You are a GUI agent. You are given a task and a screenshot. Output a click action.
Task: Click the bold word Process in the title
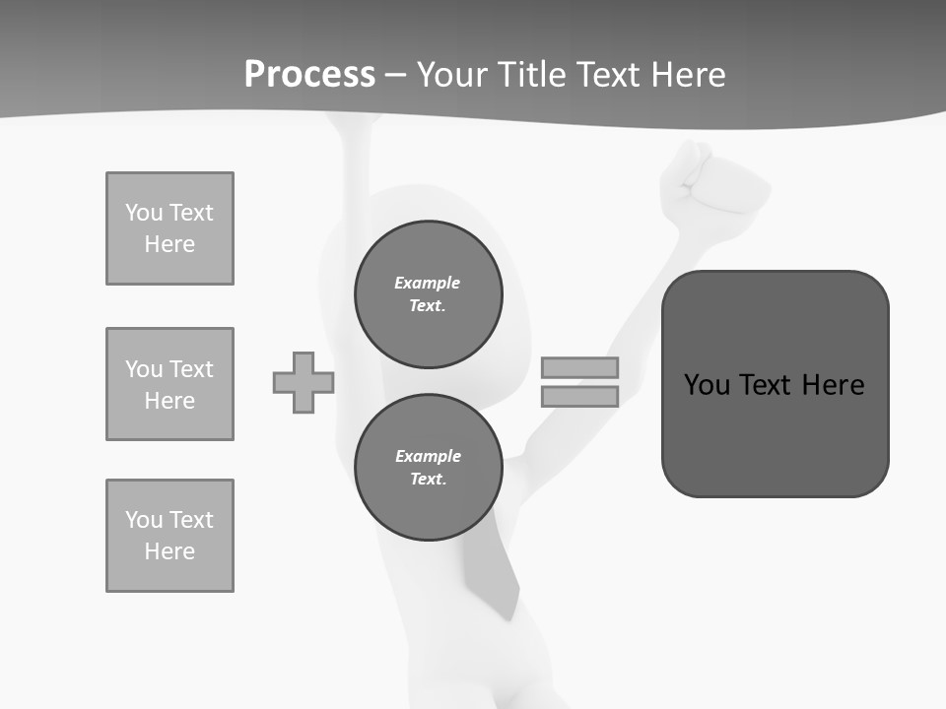[309, 75]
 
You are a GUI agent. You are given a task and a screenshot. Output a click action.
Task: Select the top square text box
[169, 228]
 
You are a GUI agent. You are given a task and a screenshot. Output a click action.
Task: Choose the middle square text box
[169, 384]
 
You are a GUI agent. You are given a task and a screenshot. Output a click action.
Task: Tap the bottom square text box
[169, 536]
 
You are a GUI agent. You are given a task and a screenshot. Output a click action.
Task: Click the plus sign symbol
[304, 382]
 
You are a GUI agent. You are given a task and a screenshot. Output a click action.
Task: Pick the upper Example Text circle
[428, 294]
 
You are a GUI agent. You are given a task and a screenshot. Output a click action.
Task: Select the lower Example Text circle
[428, 468]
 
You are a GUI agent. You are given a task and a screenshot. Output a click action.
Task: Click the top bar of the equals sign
[579, 367]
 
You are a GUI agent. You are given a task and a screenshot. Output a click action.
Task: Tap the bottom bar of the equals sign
[579, 397]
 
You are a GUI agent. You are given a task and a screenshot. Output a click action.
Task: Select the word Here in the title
[686, 75]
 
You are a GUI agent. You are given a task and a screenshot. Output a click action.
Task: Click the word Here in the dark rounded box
[833, 385]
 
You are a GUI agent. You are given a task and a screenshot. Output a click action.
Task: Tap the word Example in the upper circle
[427, 283]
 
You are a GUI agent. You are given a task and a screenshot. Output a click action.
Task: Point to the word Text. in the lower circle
[428, 480]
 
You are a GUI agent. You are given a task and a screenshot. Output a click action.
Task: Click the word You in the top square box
[143, 213]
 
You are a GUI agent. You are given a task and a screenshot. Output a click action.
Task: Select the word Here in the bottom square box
[169, 551]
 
